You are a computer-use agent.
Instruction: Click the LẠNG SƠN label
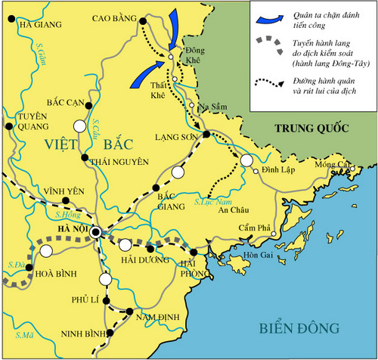172,136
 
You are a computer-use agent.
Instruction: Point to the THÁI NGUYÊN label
116,161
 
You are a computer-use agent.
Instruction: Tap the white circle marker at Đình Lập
246,160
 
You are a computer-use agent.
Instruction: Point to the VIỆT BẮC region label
79,142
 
